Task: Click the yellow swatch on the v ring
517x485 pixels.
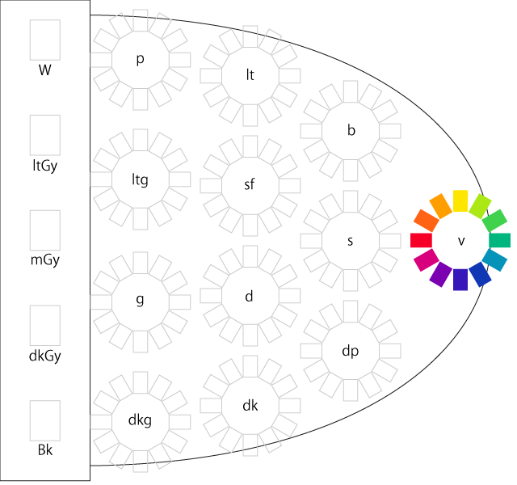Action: [460, 200]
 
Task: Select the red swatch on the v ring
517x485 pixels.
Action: [421, 240]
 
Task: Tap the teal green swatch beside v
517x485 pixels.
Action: [500, 240]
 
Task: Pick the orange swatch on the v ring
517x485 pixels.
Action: [440, 205]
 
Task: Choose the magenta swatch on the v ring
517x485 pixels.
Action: [426, 259]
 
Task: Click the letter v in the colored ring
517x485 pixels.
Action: [461, 241]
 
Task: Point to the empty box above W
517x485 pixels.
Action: [45, 40]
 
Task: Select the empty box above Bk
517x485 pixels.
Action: [45, 420]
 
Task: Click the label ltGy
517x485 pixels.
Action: [45, 165]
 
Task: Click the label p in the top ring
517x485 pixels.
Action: [140, 60]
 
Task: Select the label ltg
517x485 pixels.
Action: [140, 179]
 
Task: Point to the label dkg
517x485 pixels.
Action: [140, 420]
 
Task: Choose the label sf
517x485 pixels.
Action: [250, 184]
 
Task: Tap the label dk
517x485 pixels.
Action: [250, 405]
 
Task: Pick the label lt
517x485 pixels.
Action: [250, 75]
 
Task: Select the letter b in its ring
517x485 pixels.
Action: [350, 130]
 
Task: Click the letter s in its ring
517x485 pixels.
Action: [350, 241]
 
